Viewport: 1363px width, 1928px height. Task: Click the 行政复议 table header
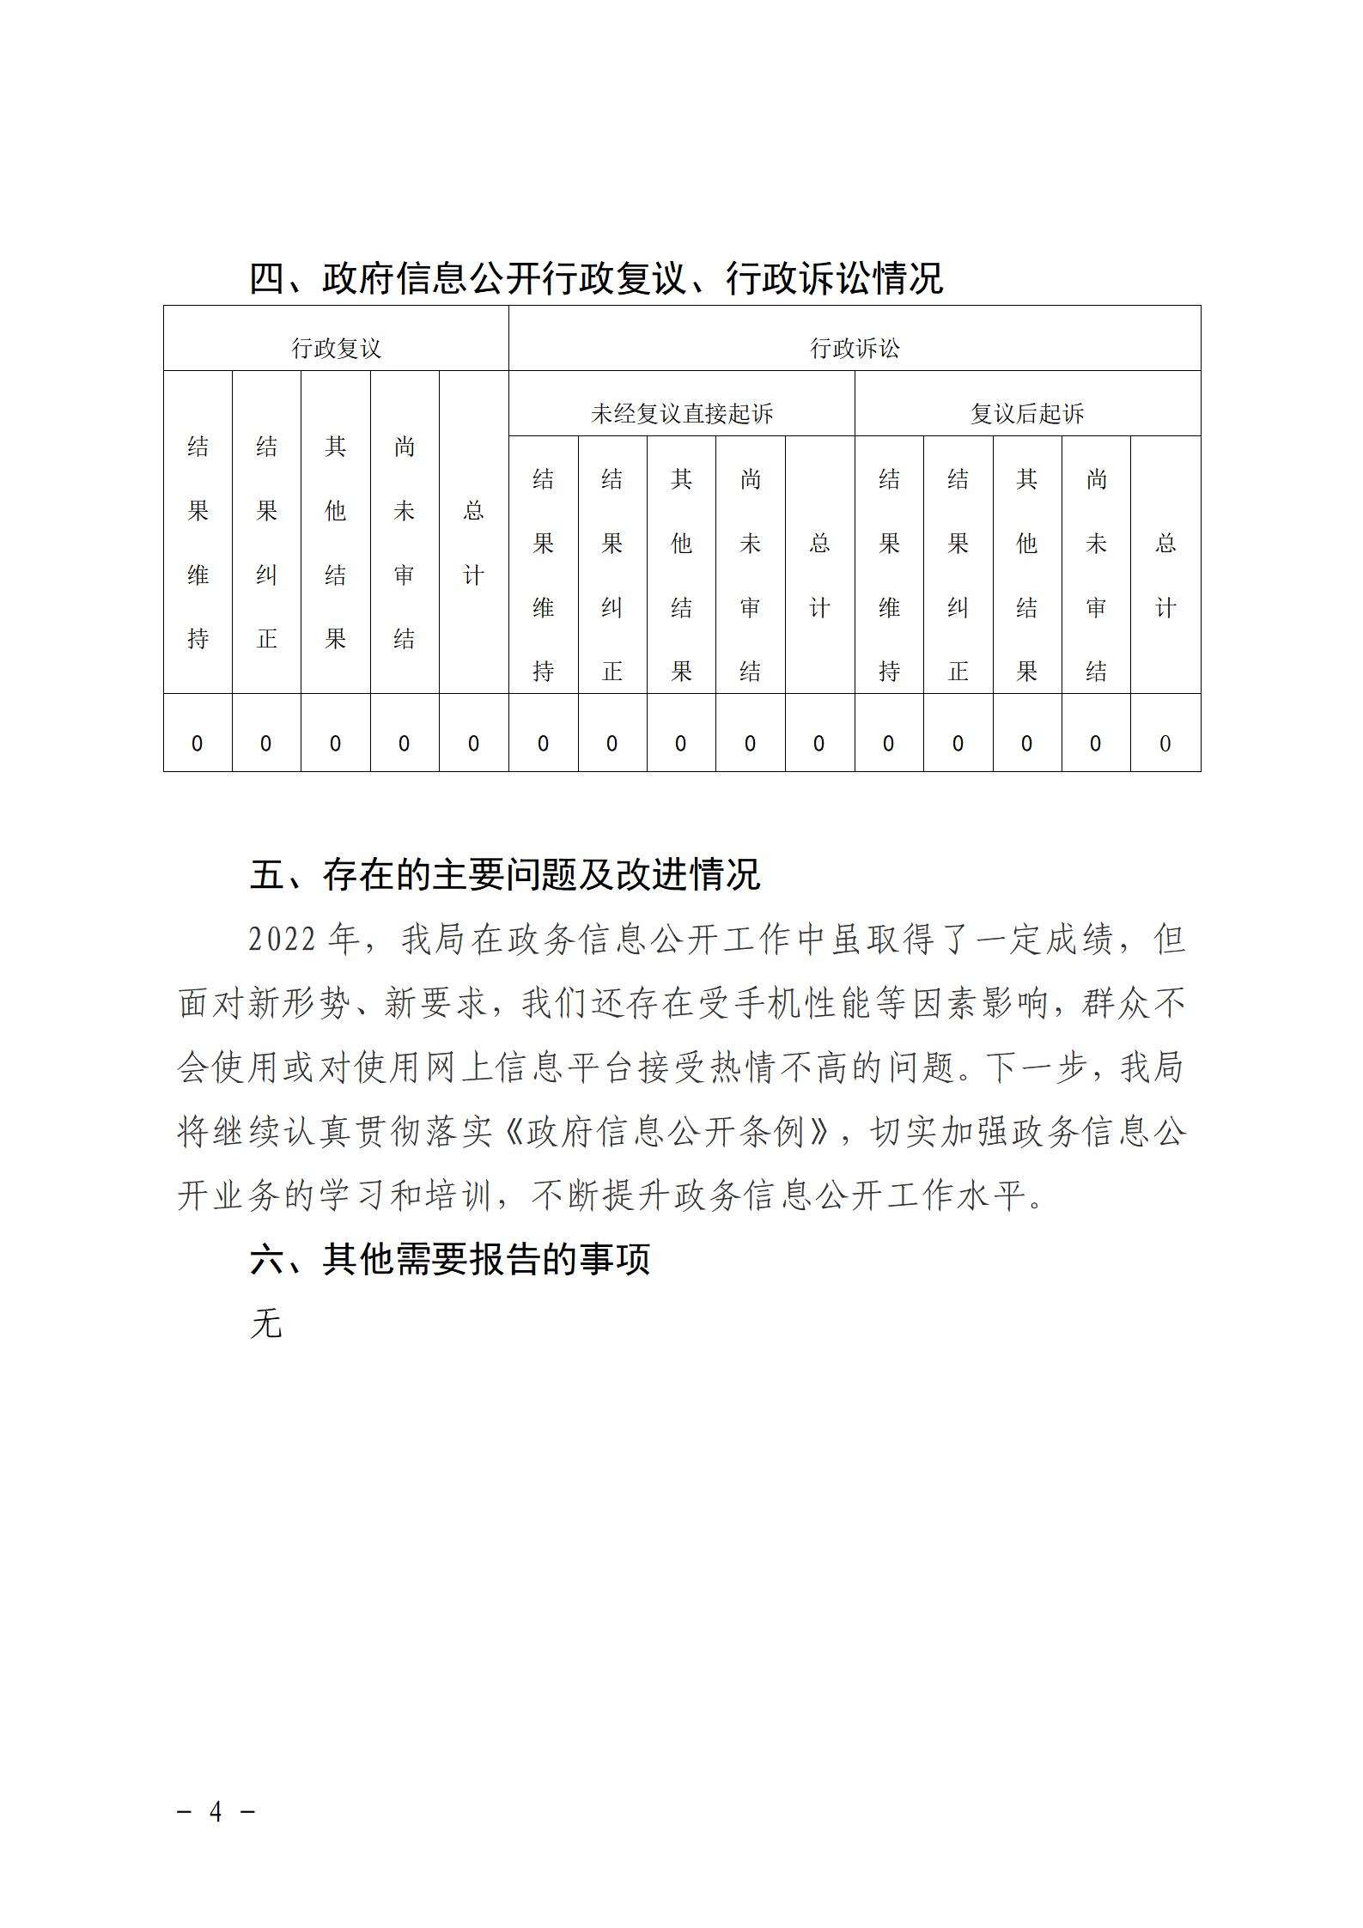(336, 348)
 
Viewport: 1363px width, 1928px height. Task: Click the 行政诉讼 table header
(855, 348)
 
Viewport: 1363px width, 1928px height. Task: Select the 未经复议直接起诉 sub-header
(682, 414)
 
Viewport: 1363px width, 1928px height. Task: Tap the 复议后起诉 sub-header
(1027, 414)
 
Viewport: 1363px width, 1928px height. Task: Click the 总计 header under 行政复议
(473, 543)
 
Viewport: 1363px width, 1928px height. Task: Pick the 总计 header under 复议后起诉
(1165, 575)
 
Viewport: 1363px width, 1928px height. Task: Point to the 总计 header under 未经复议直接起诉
(819, 575)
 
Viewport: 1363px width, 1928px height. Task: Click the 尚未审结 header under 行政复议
(405, 543)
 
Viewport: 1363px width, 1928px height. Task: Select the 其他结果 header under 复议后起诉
(1027, 575)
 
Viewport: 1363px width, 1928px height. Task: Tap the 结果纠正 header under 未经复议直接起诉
(612, 575)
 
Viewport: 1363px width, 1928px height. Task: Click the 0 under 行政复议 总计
(473, 744)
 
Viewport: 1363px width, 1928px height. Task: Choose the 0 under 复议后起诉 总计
(1165, 744)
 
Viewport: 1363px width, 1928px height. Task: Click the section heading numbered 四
(596, 278)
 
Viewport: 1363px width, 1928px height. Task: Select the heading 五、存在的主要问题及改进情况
(505, 875)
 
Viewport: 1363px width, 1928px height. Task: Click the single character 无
(266, 1323)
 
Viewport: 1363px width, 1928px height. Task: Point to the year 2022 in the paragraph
(283, 940)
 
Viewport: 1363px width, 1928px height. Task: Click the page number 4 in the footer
(216, 1812)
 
